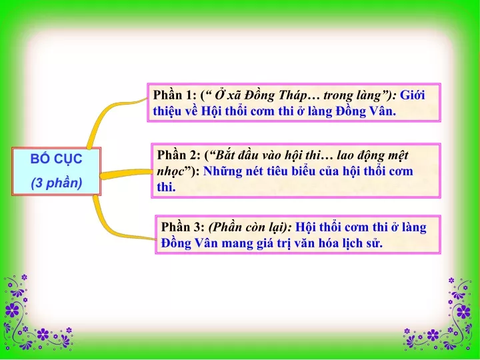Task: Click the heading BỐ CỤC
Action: pyautogui.click(x=56, y=159)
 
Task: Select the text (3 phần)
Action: pyautogui.click(x=57, y=183)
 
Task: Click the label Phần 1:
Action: pyautogui.click(x=175, y=95)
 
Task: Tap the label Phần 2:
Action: pyautogui.click(x=179, y=155)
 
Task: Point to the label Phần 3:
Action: pyautogui.click(x=183, y=227)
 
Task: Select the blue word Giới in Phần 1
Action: pyautogui.click(x=413, y=95)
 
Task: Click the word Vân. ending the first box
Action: pyautogui.click(x=383, y=111)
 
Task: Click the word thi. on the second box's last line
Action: pyautogui.click(x=166, y=187)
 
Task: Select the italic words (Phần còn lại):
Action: pyautogui.click(x=250, y=228)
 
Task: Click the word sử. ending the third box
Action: pyautogui.click(x=374, y=243)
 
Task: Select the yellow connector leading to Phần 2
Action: pyautogui.click(x=126, y=173)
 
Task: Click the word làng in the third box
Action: pyautogui.click(x=413, y=228)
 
